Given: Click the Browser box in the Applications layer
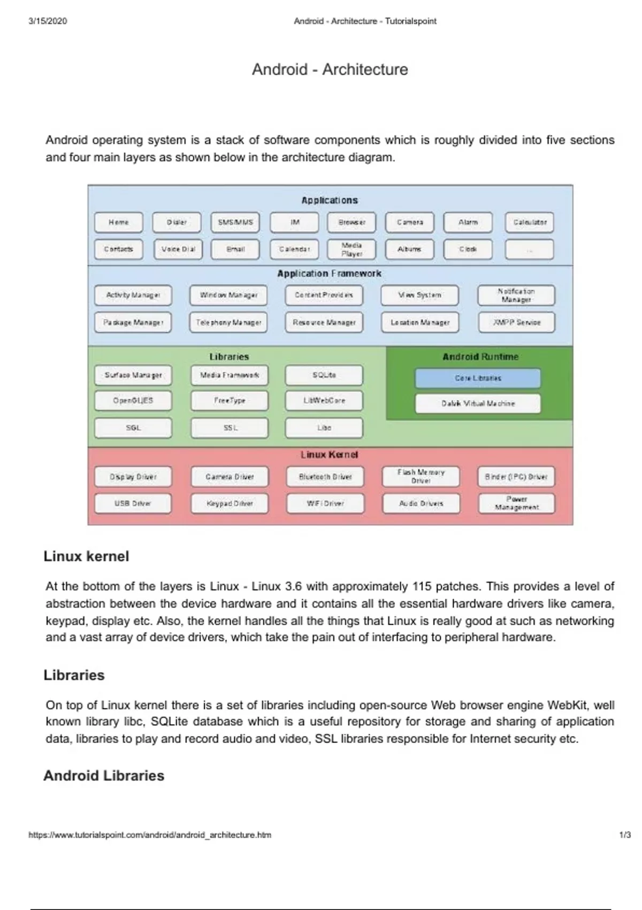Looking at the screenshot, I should [351, 222].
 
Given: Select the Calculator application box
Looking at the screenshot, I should [530, 222].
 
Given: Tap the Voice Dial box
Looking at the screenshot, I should [178, 249].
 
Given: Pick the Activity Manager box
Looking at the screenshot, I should [133, 295].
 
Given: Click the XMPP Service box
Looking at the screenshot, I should [516, 322].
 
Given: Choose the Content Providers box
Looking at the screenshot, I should [323, 295].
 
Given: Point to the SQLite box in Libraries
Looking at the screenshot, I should [324, 375].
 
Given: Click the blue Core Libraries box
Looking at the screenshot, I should [478, 378].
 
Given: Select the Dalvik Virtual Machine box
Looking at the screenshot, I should [478, 404].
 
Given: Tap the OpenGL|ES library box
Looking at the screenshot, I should [133, 400].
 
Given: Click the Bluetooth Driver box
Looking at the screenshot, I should [325, 476].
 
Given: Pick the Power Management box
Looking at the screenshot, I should [516, 503].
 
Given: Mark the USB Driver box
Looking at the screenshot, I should [133, 503].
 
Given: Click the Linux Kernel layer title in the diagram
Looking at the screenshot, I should [329, 454].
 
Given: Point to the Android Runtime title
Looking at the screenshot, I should [480, 357].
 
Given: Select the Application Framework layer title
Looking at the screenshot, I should [329, 274].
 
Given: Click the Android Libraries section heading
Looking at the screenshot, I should [104, 776].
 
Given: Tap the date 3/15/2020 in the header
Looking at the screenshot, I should [48, 21].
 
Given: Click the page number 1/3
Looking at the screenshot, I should [625, 835].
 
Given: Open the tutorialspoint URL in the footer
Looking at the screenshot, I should [150, 835].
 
